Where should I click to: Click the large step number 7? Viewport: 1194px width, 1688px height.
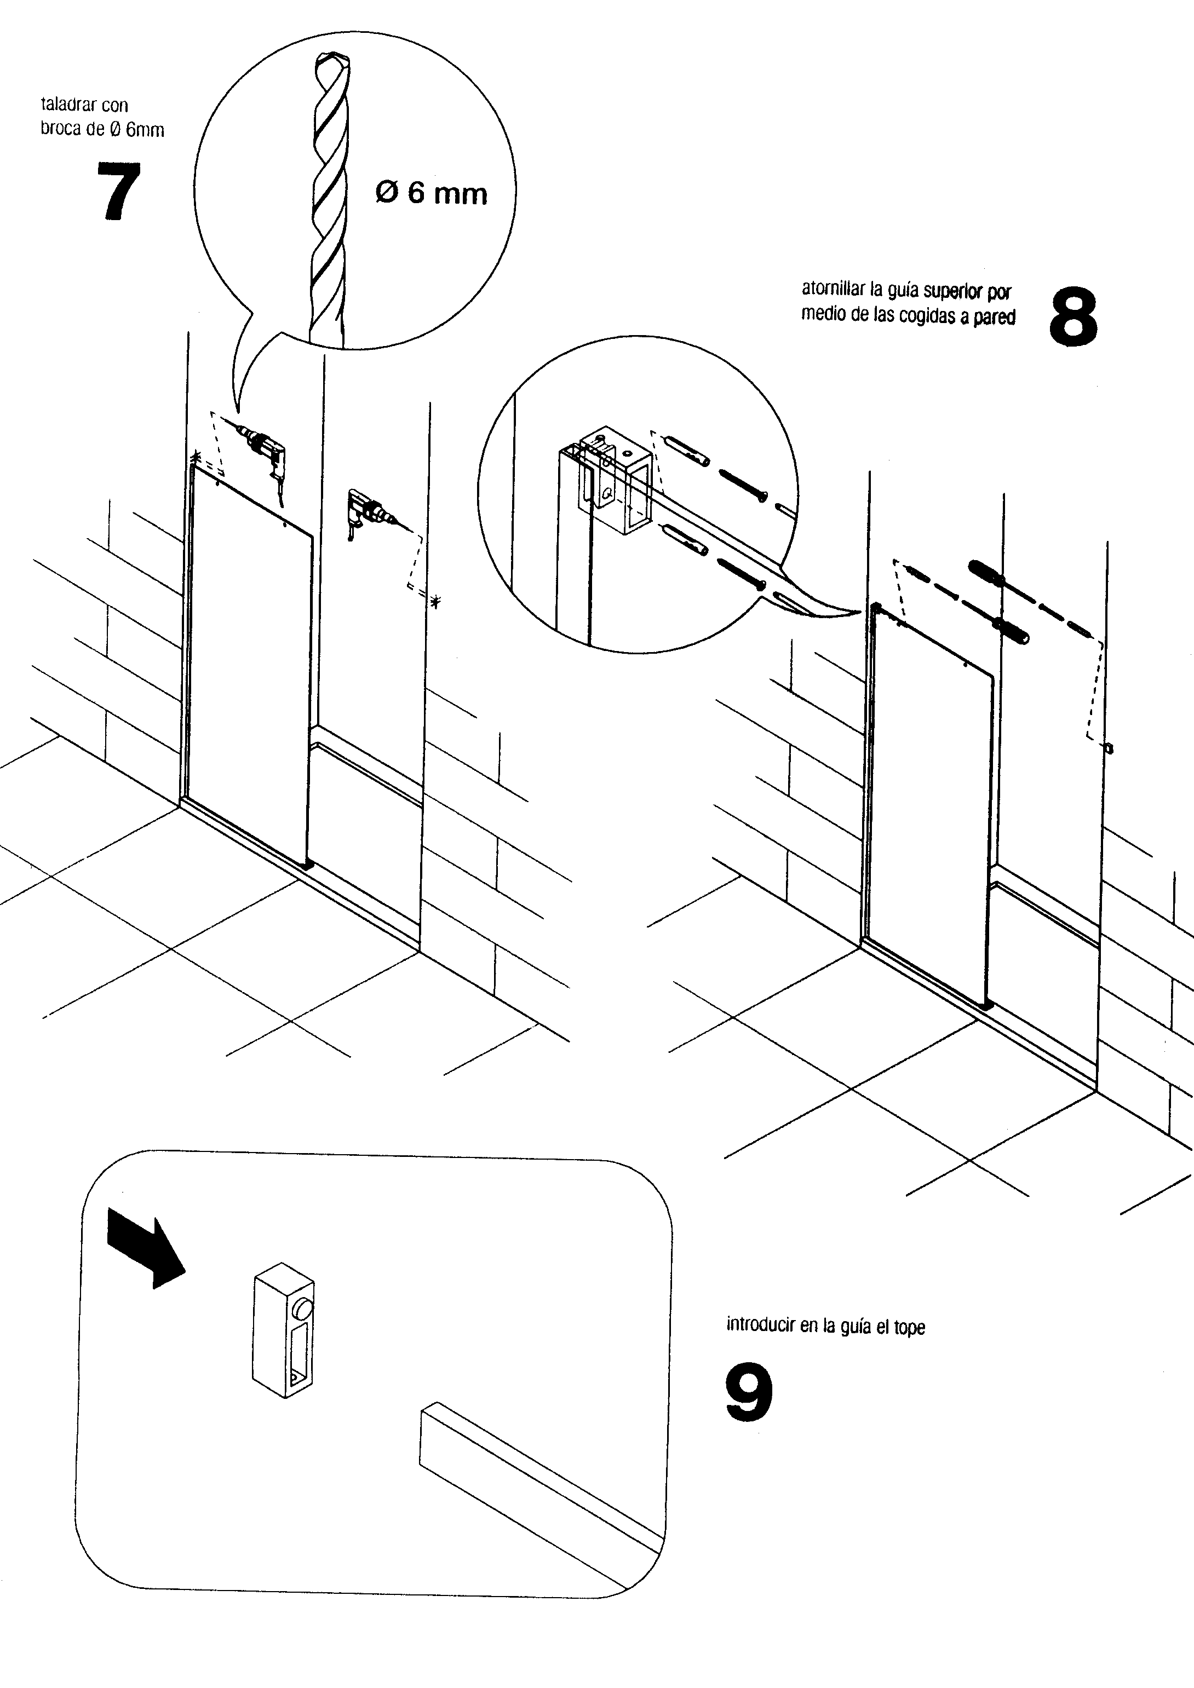[118, 191]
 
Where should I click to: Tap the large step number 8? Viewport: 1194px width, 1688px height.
[1073, 318]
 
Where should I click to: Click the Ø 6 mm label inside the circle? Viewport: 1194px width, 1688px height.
[432, 193]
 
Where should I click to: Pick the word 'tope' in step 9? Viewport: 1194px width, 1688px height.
[910, 1327]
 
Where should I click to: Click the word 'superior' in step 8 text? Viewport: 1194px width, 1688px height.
[954, 291]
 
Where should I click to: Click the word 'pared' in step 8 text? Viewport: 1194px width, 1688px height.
[994, 317]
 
